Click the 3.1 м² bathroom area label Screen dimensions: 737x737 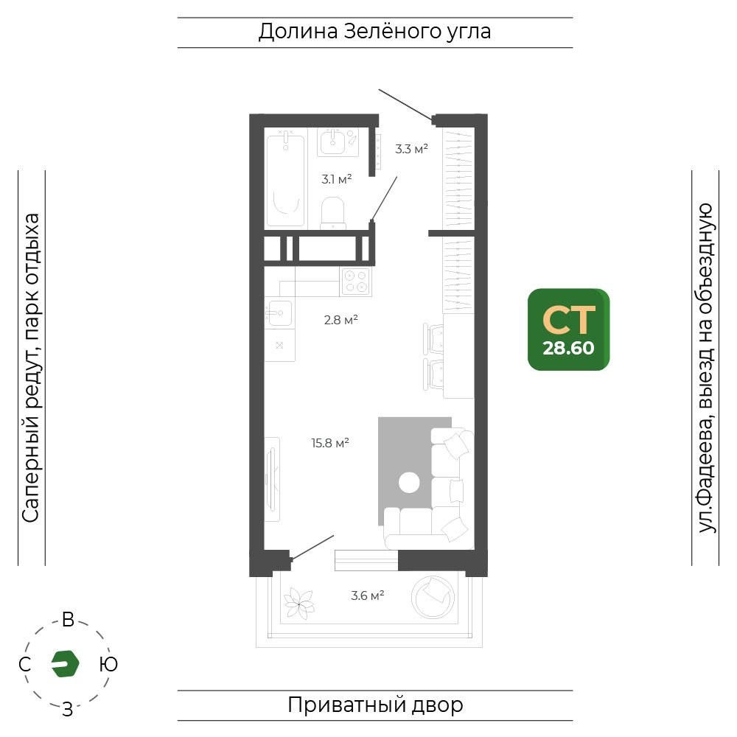click(337, 179)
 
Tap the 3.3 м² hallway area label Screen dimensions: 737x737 click(411, 149)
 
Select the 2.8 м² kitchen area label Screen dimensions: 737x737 click(340, 320)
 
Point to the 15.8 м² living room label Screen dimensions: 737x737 click(330, 443)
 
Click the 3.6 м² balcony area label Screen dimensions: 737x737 click(368, 595)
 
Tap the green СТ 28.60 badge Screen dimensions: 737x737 click(569, 329)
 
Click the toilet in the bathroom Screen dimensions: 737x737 click(333, 213)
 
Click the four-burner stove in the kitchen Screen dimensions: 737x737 click(356, 281)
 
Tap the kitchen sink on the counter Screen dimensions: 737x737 click(279, 312)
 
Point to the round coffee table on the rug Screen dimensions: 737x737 click(409, 483)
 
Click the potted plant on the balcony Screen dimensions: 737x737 click(299, 603)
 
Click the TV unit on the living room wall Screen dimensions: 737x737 click(272, 479)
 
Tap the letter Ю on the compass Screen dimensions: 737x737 click(108, 664)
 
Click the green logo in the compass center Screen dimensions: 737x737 click(65, 664)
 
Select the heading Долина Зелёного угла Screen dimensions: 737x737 click(374, 32)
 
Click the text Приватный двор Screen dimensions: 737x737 click(375, 705)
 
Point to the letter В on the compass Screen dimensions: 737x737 click(68, 620)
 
